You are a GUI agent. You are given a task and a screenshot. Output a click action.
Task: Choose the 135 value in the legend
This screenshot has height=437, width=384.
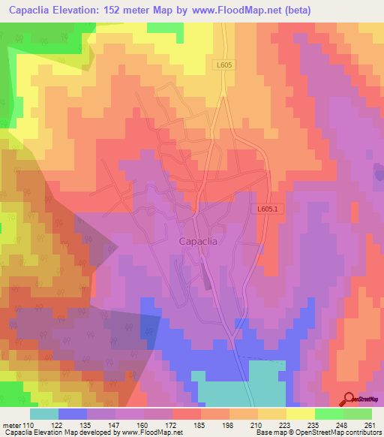(x=101, y=425)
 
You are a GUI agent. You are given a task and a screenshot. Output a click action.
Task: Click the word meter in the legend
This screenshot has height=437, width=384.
(x=11, y=425)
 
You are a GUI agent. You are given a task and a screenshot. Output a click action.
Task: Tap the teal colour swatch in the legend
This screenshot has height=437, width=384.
(x=44, y=414)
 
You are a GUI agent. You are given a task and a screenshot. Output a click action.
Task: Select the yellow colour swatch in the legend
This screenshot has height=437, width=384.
(x=301, y=414)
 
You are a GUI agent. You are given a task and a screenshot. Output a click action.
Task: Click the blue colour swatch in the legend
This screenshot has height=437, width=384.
(x=73, y=414)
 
